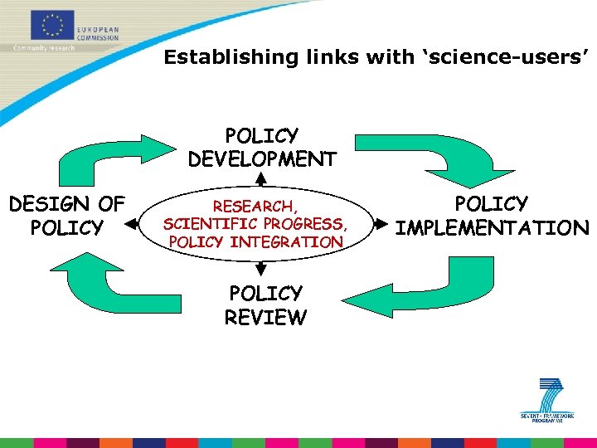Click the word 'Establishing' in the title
(x=216, y=57)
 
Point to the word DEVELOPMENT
(x=262, y=158)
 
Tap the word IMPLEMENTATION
(x=493, y=227)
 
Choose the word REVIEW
(x=265, y=317)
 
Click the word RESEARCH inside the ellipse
(x=253, y=206)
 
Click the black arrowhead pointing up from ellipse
(x=260, y=178)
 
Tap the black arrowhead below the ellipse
(x=260, y=269)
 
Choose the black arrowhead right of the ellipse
(x=383, y=223)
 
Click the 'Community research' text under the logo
(x=44, y=48)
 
